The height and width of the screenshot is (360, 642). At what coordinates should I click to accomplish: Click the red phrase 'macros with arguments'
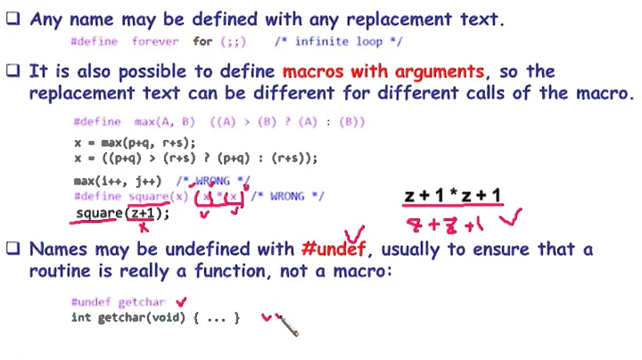383,72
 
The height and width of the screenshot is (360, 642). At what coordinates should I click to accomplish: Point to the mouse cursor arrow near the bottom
287,325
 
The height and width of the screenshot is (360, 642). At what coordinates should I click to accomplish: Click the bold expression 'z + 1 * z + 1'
453,196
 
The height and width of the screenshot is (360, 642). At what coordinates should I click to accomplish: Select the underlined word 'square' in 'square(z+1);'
99,214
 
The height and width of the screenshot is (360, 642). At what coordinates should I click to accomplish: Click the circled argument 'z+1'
144,214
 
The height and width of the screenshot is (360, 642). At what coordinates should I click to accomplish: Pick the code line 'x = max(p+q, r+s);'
135,143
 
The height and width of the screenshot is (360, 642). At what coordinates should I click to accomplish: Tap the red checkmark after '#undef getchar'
182,302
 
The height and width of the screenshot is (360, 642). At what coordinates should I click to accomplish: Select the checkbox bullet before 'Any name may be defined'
13,19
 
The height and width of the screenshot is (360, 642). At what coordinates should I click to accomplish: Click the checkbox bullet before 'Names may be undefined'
13,250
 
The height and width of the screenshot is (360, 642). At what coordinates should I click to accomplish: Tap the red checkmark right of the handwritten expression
516,218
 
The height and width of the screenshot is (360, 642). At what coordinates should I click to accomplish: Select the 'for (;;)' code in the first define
216,42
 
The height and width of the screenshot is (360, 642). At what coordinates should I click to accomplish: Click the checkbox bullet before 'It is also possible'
13,72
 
